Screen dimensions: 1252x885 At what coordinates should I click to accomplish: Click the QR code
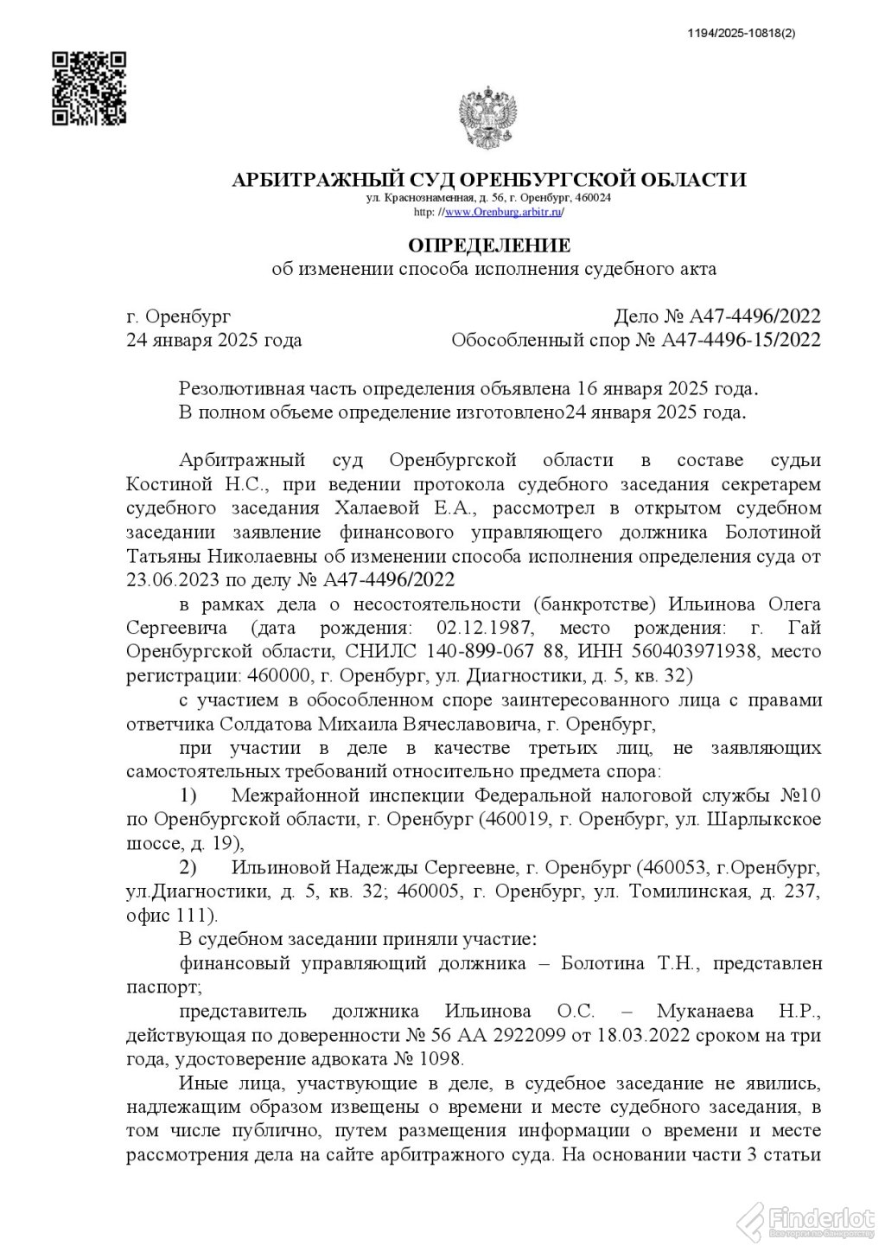pos(89,88)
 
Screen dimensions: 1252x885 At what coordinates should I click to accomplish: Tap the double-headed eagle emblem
pos(487,118)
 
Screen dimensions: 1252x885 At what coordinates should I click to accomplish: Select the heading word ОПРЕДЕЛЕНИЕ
pos(489,246)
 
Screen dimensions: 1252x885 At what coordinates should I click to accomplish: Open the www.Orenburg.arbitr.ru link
pos(503,212)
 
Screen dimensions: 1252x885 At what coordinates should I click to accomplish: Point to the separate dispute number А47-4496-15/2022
pos(741,340)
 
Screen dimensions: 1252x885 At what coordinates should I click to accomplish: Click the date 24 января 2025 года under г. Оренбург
pos(214,340)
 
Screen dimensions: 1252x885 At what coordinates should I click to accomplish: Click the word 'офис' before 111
pos(149,914)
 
